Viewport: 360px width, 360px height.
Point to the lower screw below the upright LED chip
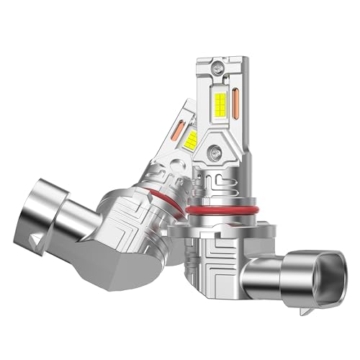coord(217,153)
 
